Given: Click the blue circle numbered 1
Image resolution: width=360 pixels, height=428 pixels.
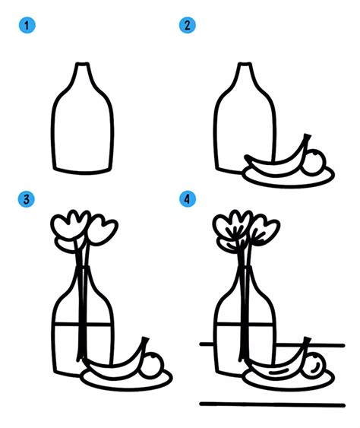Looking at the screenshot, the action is tap(27, 25).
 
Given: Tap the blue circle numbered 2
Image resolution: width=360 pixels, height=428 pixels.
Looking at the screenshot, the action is tap(188, 25).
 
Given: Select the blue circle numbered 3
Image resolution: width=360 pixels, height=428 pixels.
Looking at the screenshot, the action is tap(27, 199).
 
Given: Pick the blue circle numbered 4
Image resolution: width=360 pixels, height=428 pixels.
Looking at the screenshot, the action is tap(188, 199).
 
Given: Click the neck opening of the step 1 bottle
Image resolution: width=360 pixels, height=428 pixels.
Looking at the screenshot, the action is tap(82, 64).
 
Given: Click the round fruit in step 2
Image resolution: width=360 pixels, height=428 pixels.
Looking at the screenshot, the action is tap(314, 162).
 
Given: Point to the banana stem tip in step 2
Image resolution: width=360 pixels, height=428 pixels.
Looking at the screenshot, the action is tap(307, 135).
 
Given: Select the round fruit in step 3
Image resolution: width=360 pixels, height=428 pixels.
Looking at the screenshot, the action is tap(152, 365).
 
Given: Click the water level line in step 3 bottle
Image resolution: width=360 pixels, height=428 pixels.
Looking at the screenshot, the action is tap(82, 324).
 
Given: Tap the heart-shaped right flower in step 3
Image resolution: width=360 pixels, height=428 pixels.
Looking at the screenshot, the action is tap(103, 230).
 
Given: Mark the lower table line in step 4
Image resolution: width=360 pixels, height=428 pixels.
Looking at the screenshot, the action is tap(273, 404).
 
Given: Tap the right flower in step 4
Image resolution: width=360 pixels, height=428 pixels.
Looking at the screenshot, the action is tap(264, 230).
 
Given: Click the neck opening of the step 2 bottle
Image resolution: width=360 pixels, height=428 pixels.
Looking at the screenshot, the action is tap(245, 64).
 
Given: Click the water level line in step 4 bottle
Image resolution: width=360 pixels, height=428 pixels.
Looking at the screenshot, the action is tap(245, 324).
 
